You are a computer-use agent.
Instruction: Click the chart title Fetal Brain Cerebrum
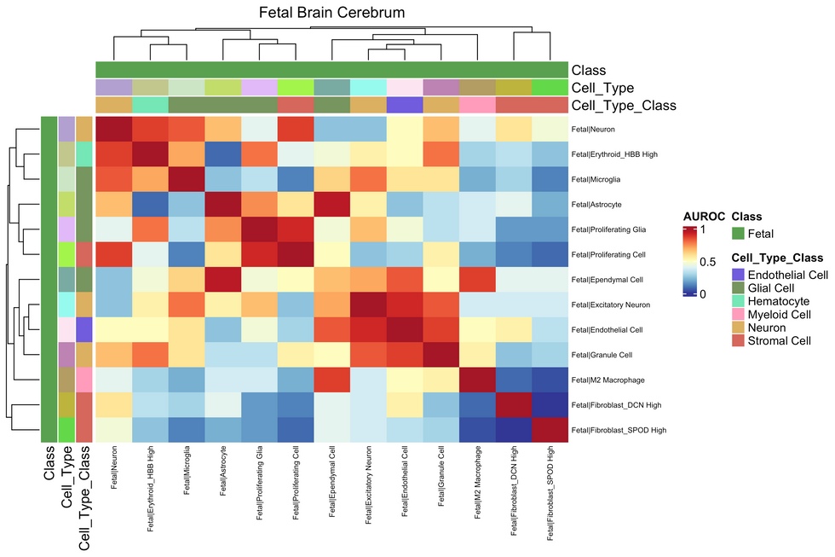pyautogui.click(x=332, y=13)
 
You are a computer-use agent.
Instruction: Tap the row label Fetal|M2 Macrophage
pyautogui.click(x=608, y=379)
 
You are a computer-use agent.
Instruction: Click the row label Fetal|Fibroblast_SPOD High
pyautogui.click(x=618, y=429)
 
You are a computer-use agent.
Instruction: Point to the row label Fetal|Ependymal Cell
pyautogui.click(x=608, y=279)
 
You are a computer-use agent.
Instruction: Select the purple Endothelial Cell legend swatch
pyautogui.click(x=739, y=274)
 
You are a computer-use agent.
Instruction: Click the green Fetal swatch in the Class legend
pyautogui.click(x=739, y=232)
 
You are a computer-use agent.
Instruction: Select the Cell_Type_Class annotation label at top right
pyautogui.click(x=624, y=106)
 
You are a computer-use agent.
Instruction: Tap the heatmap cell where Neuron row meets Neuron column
pyautogui.click(x=114, y=129)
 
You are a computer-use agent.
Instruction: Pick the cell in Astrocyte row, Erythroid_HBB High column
pyautogui.click(x=151, y=204)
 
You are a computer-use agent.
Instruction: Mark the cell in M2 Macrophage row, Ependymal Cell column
pyautogui.click(x=332, y=379)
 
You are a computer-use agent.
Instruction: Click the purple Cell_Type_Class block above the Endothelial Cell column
pyautogui.click(x=405, y=106)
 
